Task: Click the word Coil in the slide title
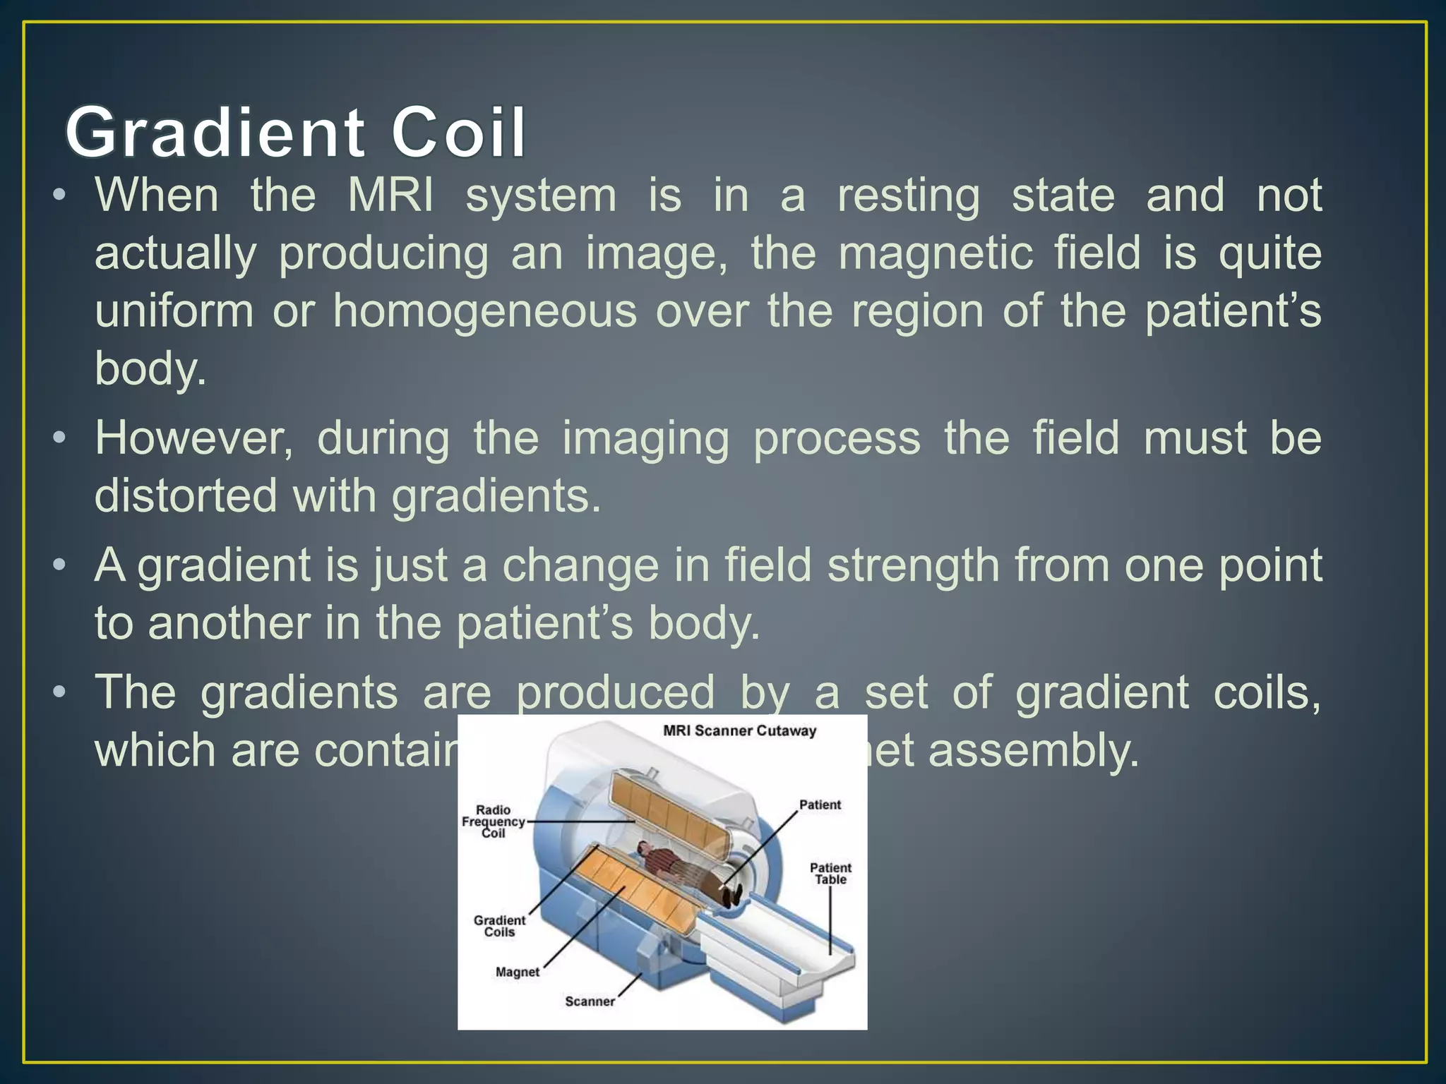458,133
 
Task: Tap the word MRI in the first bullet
390,195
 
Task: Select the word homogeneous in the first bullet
485,311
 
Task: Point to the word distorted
186,496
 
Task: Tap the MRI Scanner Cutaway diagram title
739,731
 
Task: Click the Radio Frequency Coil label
493,821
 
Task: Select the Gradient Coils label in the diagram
499,926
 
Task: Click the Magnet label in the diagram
517,972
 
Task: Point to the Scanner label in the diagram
590,1001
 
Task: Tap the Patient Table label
830,874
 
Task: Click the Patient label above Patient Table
820,805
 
